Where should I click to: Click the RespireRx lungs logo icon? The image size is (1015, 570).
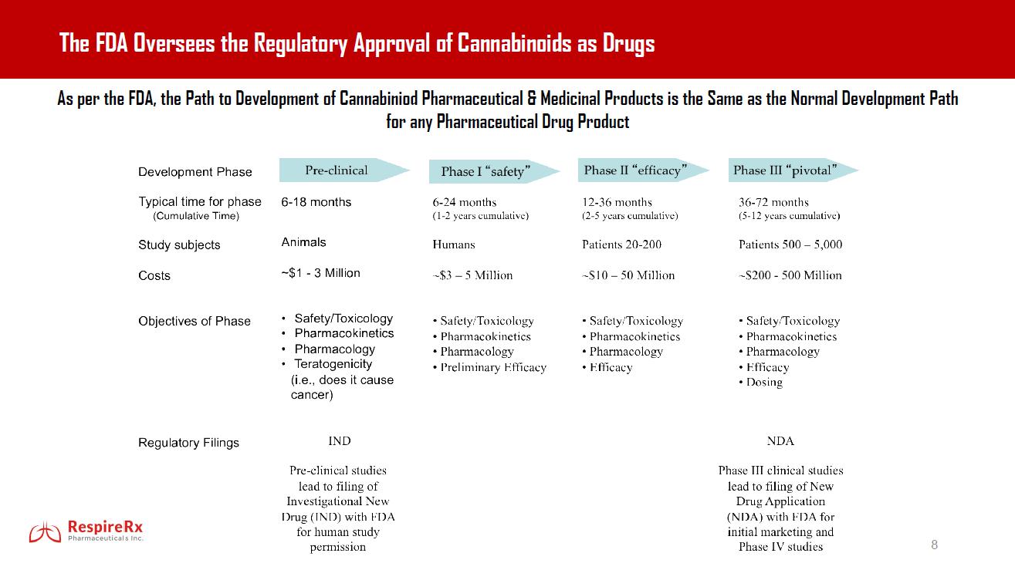(45, 531)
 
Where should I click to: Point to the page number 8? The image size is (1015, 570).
(935, 545)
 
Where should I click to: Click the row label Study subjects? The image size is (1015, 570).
(179, 245)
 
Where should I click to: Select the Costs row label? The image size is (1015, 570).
(154, 275)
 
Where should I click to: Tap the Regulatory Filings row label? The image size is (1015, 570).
(188, 443)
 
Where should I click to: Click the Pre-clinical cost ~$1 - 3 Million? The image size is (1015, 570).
(320, 273)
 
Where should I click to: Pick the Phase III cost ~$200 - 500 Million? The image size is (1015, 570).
(790, 275)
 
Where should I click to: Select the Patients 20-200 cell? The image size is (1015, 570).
(621, 245)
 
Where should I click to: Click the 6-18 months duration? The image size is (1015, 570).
(316, 202)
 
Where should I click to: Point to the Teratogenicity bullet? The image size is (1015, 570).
(333, 364)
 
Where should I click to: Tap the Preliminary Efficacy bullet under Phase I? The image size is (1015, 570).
(493, 367)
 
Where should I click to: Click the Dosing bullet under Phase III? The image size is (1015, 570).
(763, 383)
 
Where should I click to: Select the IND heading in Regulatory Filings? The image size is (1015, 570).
(339, 441)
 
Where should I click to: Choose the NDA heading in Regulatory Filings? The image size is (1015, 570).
(780, 441)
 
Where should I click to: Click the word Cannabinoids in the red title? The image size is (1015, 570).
(515, 43)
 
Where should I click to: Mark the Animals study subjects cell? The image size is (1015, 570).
(303, 242)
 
